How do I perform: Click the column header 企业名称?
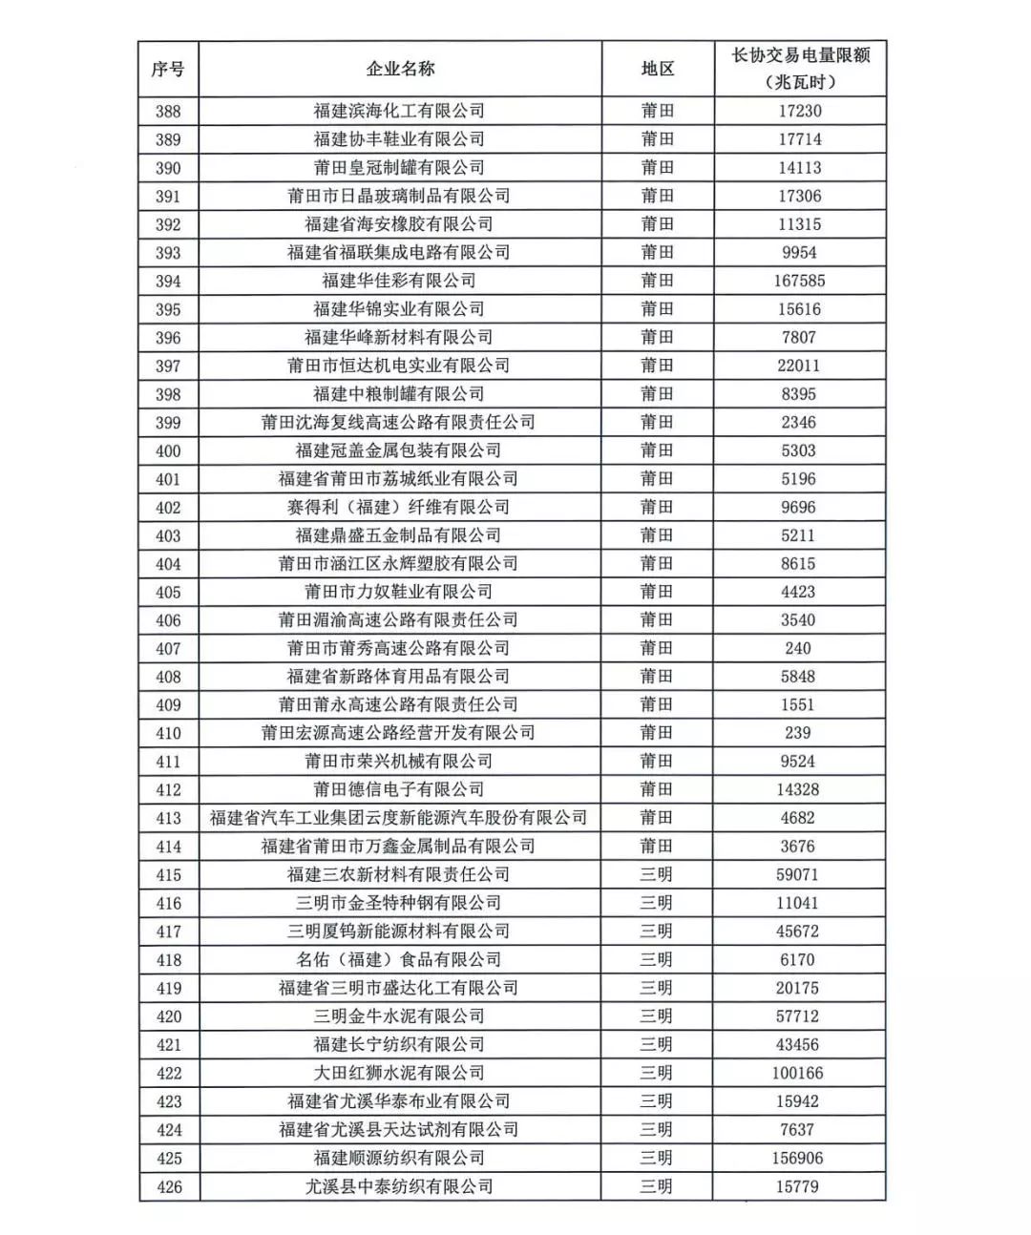point(400,69)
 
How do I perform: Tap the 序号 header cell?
point(168,69)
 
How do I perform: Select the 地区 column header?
point(657,69)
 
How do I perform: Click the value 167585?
point(799,281)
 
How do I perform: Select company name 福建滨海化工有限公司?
point(399,111)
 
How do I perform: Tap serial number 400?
point(168,450)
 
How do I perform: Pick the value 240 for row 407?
point(798,648)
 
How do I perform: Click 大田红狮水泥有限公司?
point(399,1073)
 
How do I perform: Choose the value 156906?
point(798,1158)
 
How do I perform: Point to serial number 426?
point(168,1186)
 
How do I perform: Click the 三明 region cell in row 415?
point(657,874)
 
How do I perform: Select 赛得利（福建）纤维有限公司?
point(399,507)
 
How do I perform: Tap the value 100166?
point(798,1073)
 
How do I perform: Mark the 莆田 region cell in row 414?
point(657,846)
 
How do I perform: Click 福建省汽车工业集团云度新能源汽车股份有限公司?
point(399,818)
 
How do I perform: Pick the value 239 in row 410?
point(798,733)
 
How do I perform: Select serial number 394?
point(168,281)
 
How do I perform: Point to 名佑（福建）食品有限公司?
point(399,959)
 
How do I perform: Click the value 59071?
point(798,874)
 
